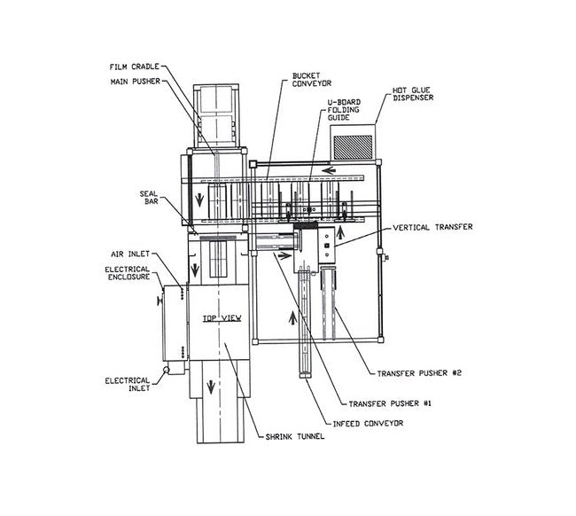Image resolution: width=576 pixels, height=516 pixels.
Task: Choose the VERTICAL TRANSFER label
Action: click(x=428, y=227)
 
